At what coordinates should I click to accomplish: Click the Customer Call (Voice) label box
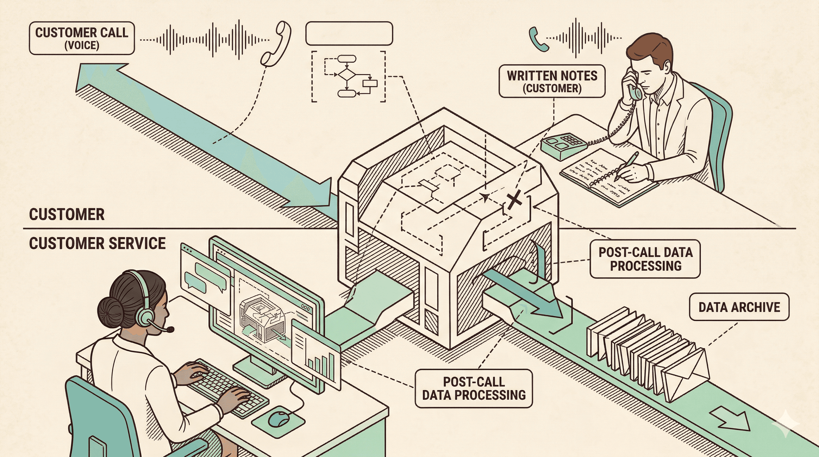click(82, 38)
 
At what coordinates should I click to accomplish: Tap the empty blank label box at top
click(349, 33)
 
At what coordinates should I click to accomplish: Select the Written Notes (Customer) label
click(552, 81)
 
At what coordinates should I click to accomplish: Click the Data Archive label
click(739, 307)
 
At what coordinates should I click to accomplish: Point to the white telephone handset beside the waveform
click(275, 45)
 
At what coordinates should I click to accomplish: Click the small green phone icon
click(538, 39)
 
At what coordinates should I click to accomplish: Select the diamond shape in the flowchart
click(346, 74)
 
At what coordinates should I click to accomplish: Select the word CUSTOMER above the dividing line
click(67, 215)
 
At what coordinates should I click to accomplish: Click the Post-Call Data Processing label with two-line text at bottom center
click(473, 388)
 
